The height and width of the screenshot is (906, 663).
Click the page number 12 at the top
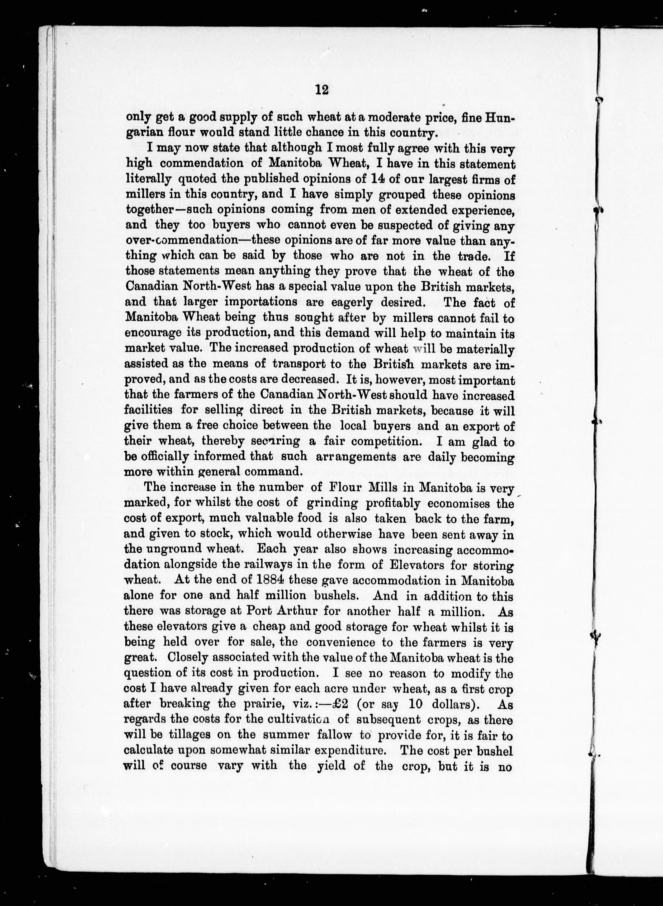click(322, 89)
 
